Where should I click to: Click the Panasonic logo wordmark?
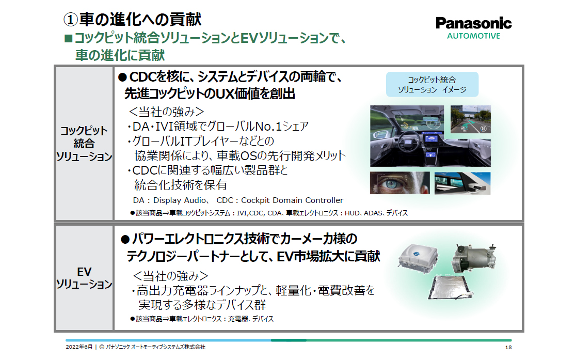click(473, 23)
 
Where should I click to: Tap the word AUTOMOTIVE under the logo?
click(473, 36)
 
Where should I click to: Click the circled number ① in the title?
click(70, 20)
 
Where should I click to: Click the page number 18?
click(508, 347)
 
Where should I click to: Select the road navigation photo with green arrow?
click(471, 122)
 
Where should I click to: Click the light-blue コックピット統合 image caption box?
click(432, 85)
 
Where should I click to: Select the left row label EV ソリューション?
click(84, 278)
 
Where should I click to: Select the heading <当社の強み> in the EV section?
click(171, 275)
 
